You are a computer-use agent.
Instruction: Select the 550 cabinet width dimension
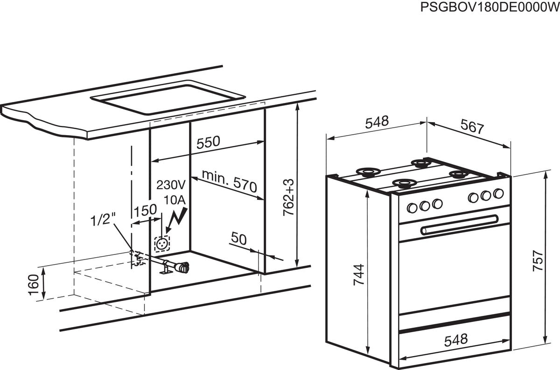(x=208, y=142)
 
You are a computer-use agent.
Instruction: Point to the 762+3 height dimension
(x=289, y=197)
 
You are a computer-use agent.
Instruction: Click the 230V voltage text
(x=171, y=185)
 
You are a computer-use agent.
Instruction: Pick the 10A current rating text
(x=175, y=200)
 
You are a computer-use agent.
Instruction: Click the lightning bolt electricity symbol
(x=177, y=220)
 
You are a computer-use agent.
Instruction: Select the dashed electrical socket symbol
(x=162, y=244)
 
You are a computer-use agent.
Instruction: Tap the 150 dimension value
(x=145, y=210)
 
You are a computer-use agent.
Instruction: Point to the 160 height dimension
(x=34, y=285)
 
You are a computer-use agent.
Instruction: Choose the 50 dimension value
(x=239, y=239)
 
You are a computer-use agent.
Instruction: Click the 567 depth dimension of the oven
(x=472, y=127)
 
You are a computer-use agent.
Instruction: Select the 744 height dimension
(x=359, y=275)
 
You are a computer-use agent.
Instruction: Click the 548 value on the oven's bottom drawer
(x=456, y=340)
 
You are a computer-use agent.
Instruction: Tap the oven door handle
(x=459, y=226)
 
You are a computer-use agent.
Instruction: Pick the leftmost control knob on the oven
(x=412, y=208)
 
